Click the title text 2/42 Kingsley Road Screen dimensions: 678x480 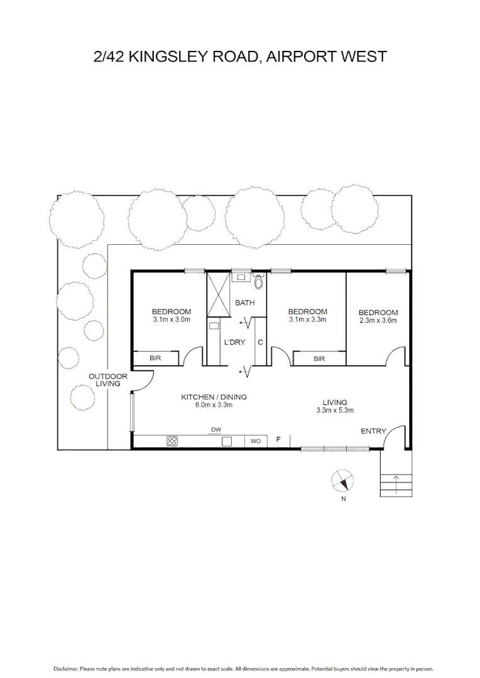[x=239, y=56]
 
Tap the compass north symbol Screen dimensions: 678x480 [x=342, y=482]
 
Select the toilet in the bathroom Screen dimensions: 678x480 [x=258, y=280]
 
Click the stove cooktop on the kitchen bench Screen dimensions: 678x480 [x=172, y=441]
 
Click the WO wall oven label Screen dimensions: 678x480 [x=256, y=441]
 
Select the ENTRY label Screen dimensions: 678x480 [x=373, y=431]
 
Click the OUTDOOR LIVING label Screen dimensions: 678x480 [x=107, y=380]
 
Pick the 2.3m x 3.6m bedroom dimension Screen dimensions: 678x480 [x=378, y=320]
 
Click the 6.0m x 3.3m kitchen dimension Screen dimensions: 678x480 [x=214, y=405]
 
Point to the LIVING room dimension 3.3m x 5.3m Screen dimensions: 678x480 [x=335, y=411]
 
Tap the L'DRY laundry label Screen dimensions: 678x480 [x=234, y=342]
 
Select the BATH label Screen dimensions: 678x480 [x=245, y=303]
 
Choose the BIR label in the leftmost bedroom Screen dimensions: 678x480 [x=156, y=358]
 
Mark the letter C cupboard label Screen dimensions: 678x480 [x=259, y=342]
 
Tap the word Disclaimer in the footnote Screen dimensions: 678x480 [x=65, y=669]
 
